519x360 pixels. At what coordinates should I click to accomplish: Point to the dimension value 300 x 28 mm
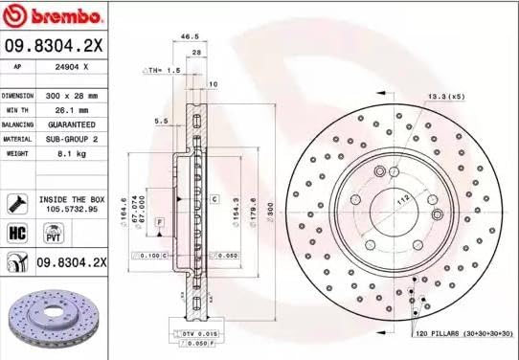pos(71,97)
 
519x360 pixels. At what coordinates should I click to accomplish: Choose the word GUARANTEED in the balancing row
pos(71,125)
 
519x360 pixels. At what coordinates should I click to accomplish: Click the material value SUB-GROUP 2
pos(71,139)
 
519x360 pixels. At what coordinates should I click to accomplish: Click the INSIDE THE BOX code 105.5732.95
pos(68,207)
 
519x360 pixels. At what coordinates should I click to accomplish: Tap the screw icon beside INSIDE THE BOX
pos(16,202)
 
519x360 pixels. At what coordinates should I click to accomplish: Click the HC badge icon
pos(16,233)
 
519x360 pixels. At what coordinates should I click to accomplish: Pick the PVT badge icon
pos(53,233)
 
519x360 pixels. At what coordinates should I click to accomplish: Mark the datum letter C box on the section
pos(214,198)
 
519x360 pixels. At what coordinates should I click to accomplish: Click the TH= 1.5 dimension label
pos(163,71)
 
